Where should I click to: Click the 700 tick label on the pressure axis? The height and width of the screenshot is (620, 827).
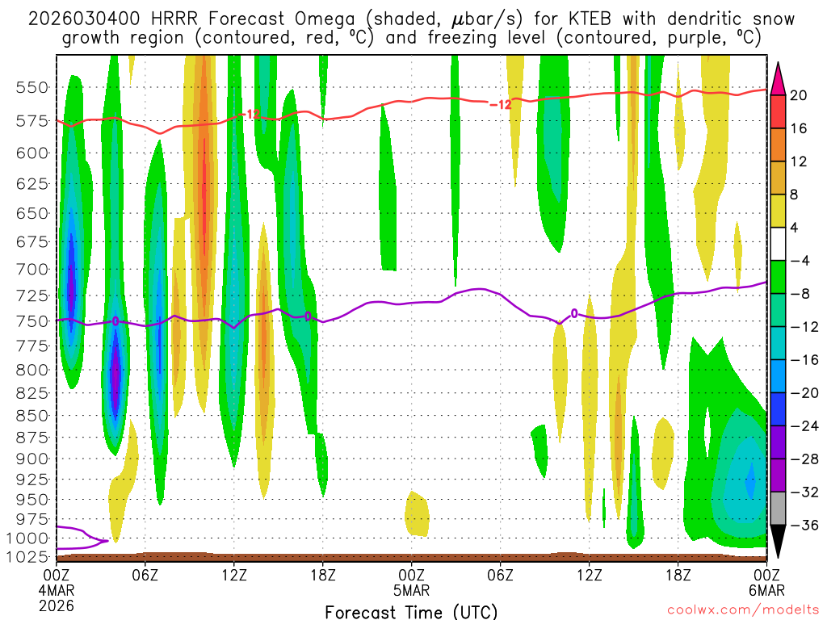click(x=30, y=269)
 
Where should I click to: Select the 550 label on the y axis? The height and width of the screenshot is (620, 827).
click(x=30, y=87)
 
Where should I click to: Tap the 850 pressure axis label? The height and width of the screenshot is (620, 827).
click(x=30, y=416)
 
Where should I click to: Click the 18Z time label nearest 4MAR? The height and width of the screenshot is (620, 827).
click(x=323, y=575)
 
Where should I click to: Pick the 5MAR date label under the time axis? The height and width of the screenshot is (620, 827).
click(x=412, y=590)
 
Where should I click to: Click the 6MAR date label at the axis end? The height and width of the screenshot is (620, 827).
click(x=766, y=590)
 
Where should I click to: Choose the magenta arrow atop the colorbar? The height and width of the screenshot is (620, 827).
click(x=779, y=77)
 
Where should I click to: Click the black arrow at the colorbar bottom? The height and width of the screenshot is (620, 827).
click(x=779, y=541)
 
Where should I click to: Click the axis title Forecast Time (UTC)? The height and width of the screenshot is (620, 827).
click(x=412, y=611)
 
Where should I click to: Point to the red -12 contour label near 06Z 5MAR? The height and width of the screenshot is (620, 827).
click(x=501, y=104)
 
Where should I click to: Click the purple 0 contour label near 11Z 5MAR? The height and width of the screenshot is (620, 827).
click(x=574, y=313)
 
